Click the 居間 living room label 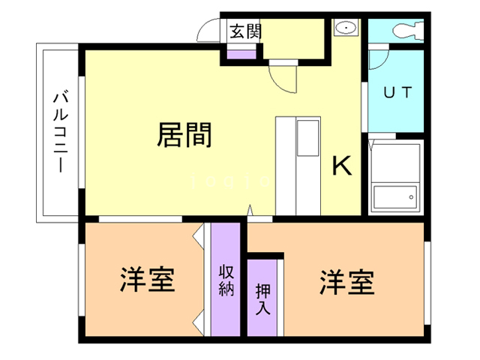tap(184, 136)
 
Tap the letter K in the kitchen tap(342, 165)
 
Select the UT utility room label tap(397, 93)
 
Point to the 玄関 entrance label tap(244, 31)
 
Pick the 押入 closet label tap(263, 298)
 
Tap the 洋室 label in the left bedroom tap(147, 280)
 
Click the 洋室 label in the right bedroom tap(346, 282)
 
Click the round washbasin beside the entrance tap(346, 28)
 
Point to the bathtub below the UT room tap(395, 177)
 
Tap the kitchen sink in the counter tap(308, 139)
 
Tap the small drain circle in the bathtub tap(411, 197)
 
